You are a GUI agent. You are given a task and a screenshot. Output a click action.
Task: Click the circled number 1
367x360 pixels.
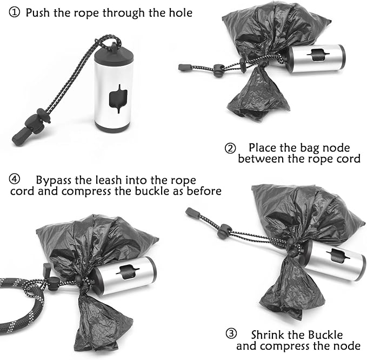click(14, 12)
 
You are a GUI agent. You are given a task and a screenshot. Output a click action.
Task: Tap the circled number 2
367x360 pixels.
click(230, 148)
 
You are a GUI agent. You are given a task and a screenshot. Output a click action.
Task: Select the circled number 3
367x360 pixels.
click(231, 335)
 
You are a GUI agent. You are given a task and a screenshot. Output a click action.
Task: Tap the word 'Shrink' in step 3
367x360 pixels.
click(269, 335)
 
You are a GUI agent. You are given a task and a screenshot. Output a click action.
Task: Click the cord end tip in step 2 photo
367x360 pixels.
click(183, 68)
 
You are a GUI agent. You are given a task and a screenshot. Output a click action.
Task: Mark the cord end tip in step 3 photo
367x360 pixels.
click(190, 211)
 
